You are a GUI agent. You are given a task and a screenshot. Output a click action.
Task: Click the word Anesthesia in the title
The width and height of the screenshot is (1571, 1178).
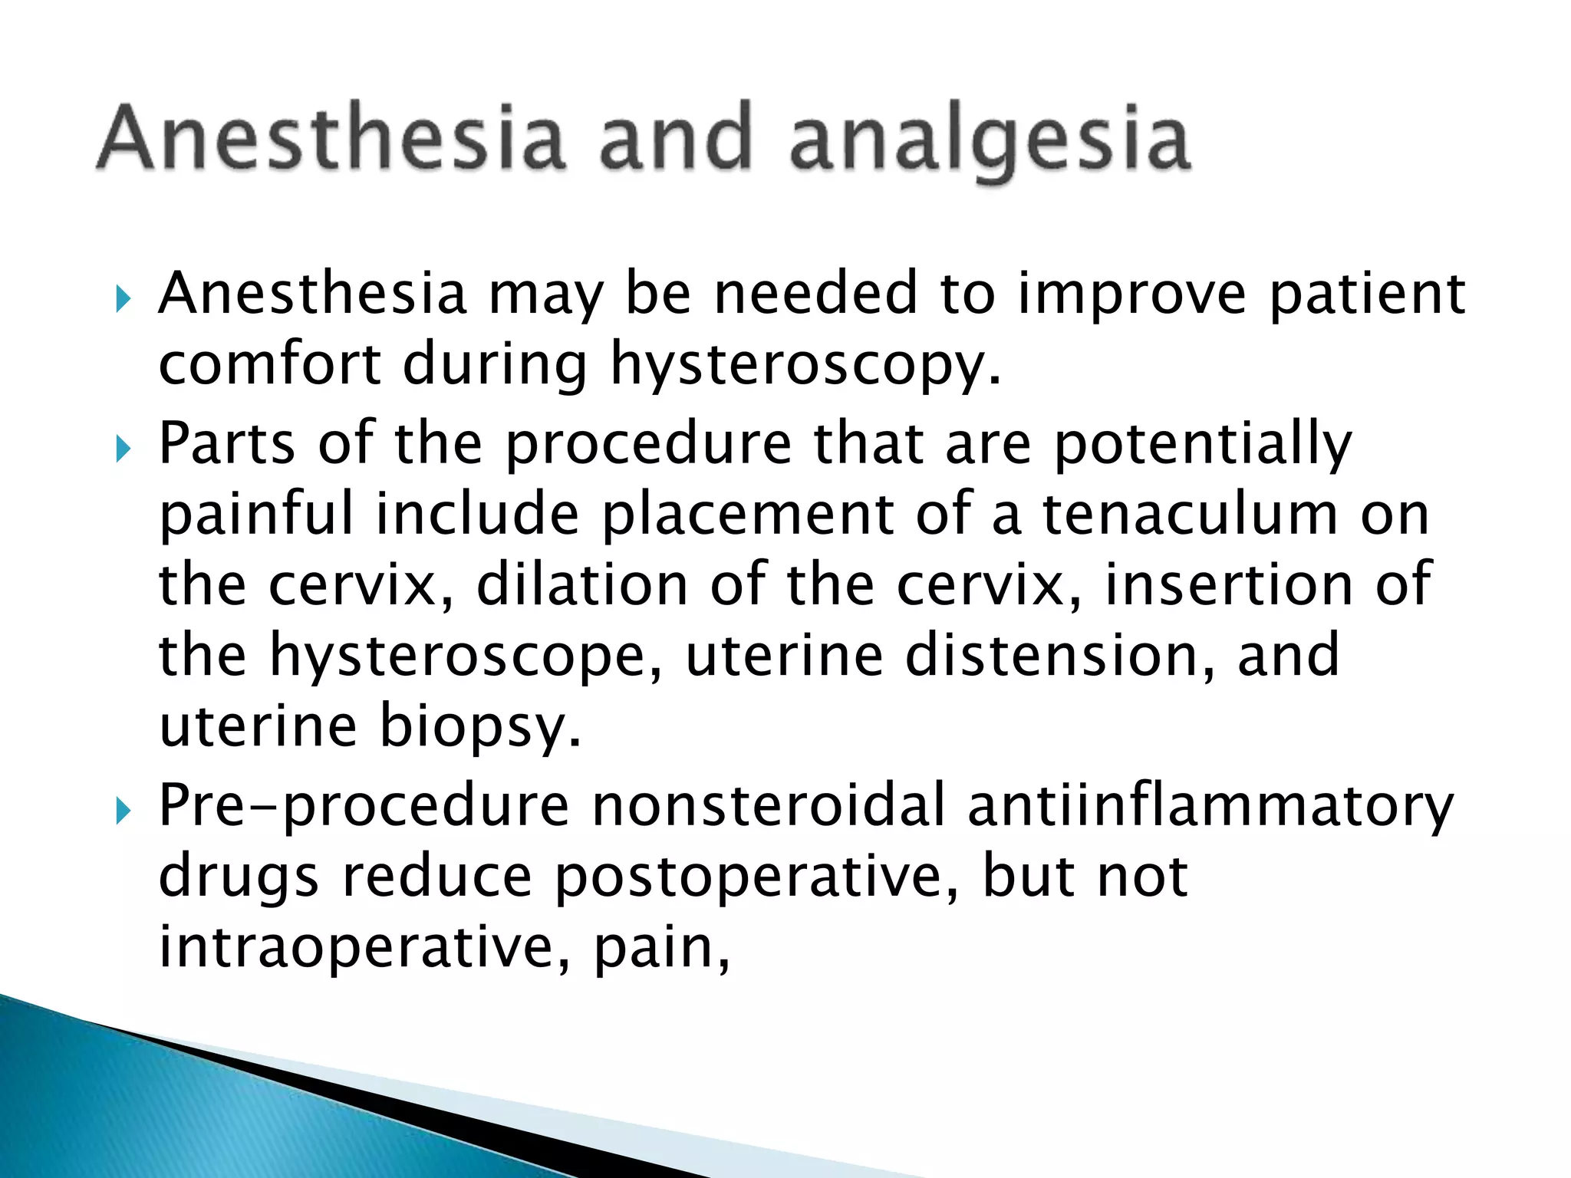[x=330, y=138]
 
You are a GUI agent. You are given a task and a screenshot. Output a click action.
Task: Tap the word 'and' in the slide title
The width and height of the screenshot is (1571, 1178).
[x=675, y=138]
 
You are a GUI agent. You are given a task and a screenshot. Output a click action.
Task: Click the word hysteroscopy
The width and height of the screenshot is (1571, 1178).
[x=805, y=364]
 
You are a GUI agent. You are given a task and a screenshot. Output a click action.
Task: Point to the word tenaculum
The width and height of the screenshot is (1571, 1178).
[x=1189, y=514]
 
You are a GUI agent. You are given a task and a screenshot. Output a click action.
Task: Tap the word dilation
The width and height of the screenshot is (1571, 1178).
[x=583, y=585]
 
